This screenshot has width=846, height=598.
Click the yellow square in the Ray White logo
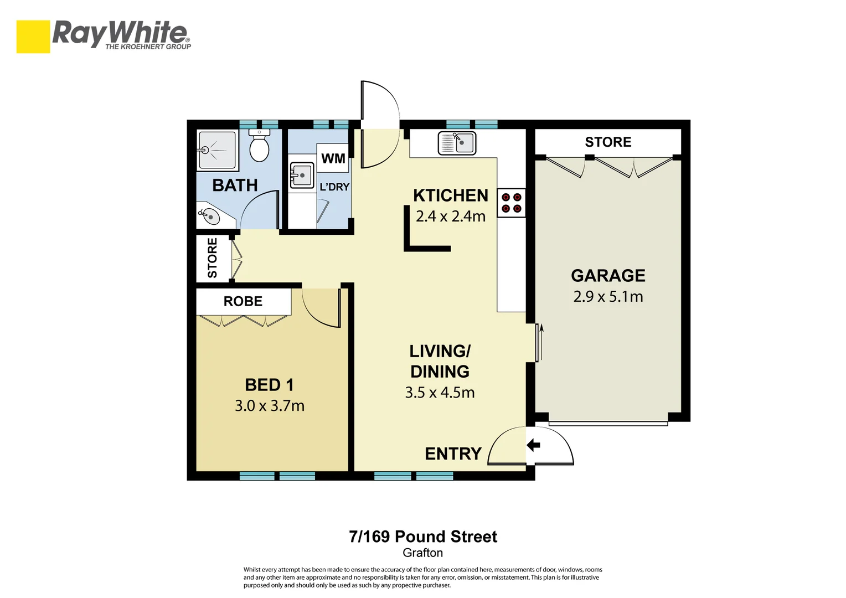tap(33, 37)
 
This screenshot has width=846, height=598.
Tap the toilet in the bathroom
tap(259, 147)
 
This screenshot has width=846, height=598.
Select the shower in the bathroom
tap(216, 149)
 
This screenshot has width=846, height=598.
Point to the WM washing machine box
tap(333, 159)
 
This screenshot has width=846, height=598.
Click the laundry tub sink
tap(301, 176)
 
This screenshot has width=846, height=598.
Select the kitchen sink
tap(457, 143)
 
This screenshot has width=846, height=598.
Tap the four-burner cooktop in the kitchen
tap(511, 203)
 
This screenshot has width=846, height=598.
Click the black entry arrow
tap(533, 445)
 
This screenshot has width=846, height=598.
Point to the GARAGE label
tap(608, 275)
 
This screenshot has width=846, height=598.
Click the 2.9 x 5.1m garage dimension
tap(608, 297)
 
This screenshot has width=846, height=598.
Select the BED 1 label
tap(269, 385)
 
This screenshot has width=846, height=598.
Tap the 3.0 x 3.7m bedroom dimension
tap(269, 406)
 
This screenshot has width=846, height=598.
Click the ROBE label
tap(243, 301)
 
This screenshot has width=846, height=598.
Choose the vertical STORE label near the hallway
tap(213, 258)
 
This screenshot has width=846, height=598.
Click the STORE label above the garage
tap(608, 142)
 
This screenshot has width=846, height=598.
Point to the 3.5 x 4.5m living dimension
tap(440, 393)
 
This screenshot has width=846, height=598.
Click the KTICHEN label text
tap(451, 195)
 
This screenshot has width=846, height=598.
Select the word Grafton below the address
tap(422, 553)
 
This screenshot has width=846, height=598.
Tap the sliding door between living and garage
tap(538, 343)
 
